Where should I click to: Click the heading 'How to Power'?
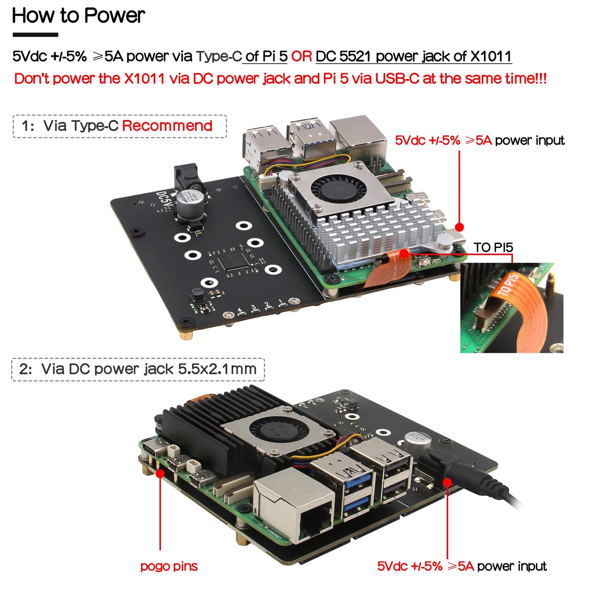click(x=78, y=16)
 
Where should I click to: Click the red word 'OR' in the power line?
click(x=301, y=56)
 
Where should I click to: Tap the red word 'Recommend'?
click(x=167, y=126)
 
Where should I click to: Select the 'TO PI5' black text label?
click(x=493, y=247)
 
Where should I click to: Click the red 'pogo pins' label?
click(x=169, y=566)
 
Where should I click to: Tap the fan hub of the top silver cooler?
click(x=338, y=189)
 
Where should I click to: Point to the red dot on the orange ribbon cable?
click(x=404, y=254)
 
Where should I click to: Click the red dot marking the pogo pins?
click(x=160, y=473)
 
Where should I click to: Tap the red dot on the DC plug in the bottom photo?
click(x=447, y=482)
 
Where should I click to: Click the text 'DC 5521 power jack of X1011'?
click(x=414, y=56)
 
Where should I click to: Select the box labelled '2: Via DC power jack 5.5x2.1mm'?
click(x=138, y=369)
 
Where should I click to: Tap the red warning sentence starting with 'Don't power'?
click(x=280, y=79)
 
